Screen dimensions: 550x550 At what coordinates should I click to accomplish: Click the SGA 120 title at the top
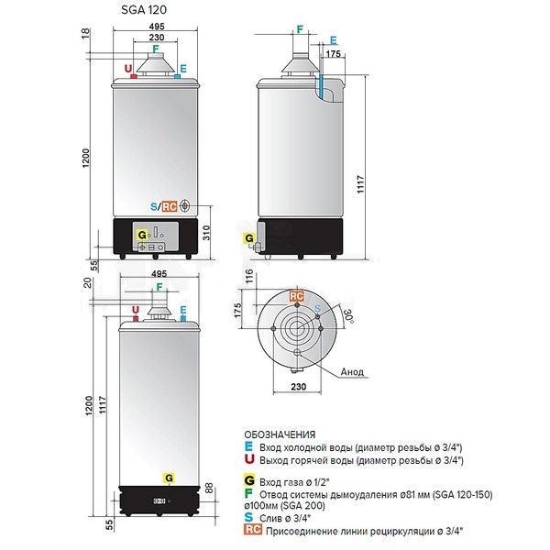pyautogui.click(x=144, y=10)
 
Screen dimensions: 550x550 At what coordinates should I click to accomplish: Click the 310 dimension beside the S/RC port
pyautogui.click(x=206, y=233)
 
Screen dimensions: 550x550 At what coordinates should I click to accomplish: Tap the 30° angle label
pyautogui.click(x=347, y=317)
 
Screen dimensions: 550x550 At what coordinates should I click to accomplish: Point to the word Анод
pyautogui.click(x=352, y=371)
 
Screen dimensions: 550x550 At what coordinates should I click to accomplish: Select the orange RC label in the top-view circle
pyautogui.click(x=296, y=296)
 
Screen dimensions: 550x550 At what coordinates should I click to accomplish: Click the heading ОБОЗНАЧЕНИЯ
pyautogui.click(x=280, y=434)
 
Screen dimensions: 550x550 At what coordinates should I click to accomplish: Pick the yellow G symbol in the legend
pyautogui.click(x=249, y=480)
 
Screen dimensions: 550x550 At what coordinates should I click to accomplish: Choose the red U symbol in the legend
pyautogui.click(x=249, y=459)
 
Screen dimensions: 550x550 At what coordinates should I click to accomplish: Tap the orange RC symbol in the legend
pyautogui.click(x=253, y=529)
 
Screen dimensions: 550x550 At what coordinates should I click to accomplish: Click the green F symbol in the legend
pyautogui.click(x=248, y=493)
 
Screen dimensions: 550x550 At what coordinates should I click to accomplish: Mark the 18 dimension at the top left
pyautogui.click(x=86, y=34)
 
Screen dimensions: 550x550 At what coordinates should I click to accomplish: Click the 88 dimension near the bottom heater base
pyautogui.click(x=209, y=489)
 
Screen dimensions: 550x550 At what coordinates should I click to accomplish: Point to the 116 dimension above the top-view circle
pyautogui.click(x=249, y=276)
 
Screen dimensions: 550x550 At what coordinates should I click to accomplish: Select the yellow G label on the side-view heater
pyautogui.click(x=249, y=238)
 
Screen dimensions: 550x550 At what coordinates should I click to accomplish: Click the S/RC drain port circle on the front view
pyautogui.click(x=185, y=206)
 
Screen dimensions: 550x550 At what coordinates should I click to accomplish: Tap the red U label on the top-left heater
pyautogui.click(x=128, y=69)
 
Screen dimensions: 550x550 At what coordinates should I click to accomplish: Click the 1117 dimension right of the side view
pyautogui.click(x=360, y=184)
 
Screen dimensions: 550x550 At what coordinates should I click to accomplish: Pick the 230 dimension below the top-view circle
pyautogui.click(x=299, y=387)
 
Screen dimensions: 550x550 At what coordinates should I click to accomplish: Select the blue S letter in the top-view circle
pyautogui.click(x=317, y=309)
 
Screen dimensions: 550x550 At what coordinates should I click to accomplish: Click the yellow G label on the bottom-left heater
pyautogui.click(x=169, y=478)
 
